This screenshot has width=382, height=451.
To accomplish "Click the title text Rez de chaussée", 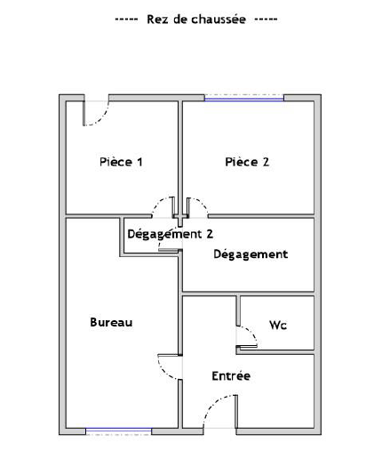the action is [x=196, y=20].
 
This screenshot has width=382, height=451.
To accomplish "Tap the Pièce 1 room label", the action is [x=121, y=162].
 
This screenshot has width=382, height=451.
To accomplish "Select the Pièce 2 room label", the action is [x=247, y=162].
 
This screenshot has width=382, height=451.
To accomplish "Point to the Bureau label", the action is [x=111, y=322].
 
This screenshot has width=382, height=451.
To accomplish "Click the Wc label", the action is [x=278, y=325].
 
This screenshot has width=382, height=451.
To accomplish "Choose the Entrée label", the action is [x=231, y=376].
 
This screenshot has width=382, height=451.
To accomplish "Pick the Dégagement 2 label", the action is [x=171, y=234].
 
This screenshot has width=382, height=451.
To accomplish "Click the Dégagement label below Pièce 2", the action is [x=251, y=254].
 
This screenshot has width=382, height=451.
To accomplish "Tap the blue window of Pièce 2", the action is [x=244, y=100].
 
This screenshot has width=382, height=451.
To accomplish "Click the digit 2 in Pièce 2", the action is [x=266, y=162].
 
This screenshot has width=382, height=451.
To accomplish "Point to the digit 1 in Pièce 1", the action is [x=139, y=162].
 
